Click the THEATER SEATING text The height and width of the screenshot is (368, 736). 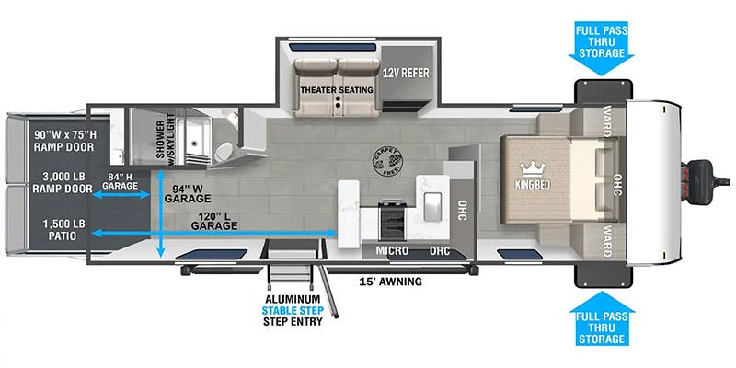tap(336, 90)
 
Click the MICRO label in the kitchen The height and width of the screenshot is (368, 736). tap(392, 249)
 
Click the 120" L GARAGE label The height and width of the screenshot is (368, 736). tap(214, 220)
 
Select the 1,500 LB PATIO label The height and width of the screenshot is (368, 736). tap(59, 228)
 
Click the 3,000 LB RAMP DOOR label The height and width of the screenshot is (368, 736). tap(60, 183)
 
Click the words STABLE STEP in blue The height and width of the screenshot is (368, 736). tap(293, 311)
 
